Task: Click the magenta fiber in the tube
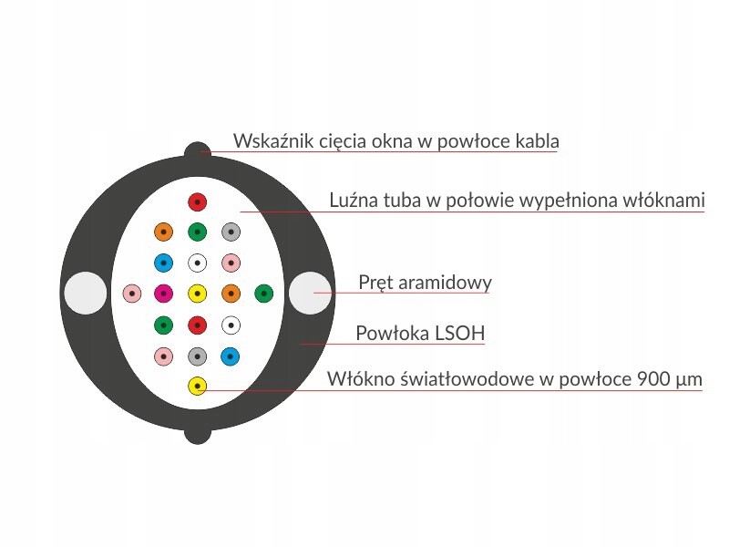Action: tap(164, 294)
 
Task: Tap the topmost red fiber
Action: tap(197, 202)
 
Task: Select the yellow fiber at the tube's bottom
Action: tap(197, 386)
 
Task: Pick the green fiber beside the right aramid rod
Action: tap(264, 294)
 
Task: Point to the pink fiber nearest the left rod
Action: tap(132, 294)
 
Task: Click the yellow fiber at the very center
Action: tap(197, 294)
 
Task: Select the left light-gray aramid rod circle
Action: tap(86, 293)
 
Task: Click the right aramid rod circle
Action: tap(310, 293)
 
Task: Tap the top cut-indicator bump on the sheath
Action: tap(198, 150)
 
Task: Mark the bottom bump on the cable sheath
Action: tap(198, 436)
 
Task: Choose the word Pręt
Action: tap(375, 284)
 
